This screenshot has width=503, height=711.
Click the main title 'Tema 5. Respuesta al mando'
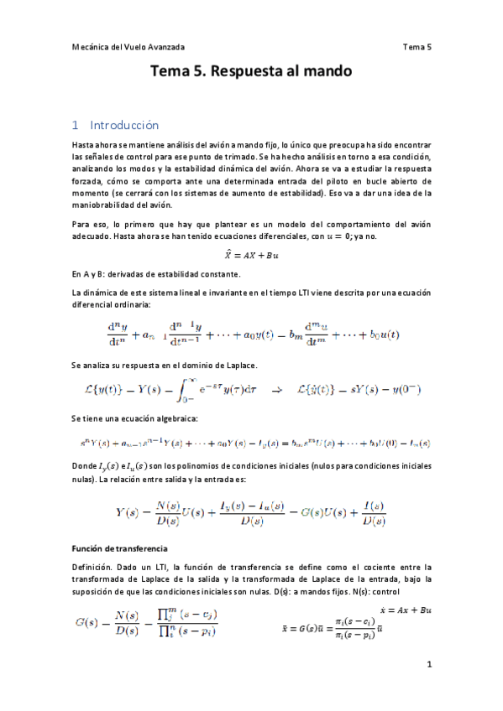tap(251, 72)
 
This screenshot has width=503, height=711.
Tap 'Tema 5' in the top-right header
tap(417, 47)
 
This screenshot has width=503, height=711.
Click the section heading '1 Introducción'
tap(115, 126)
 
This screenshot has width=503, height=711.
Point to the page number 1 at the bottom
tap(428, 665)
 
